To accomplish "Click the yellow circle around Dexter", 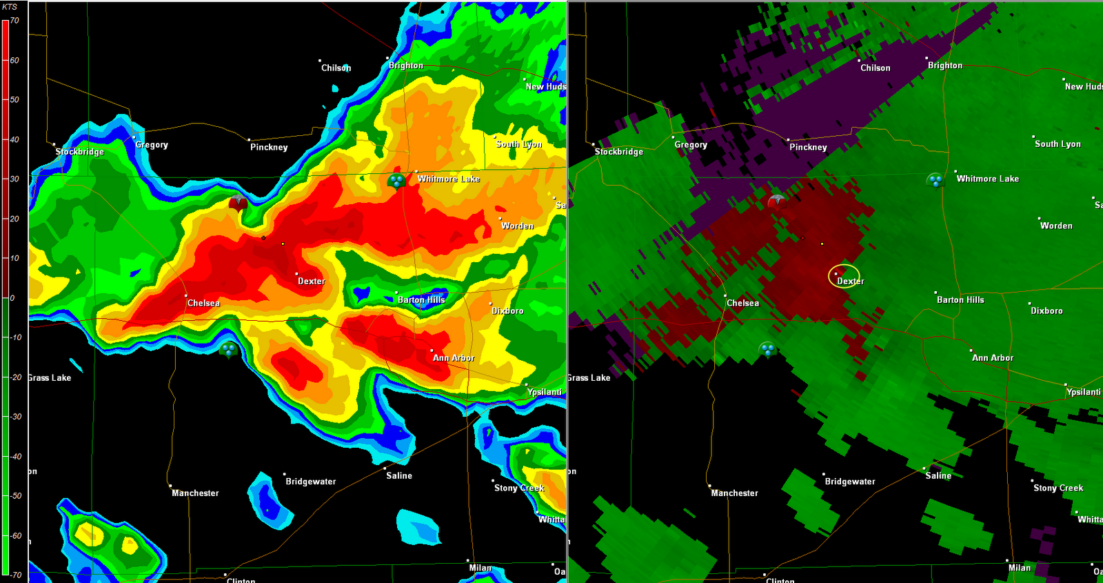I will point(844,276).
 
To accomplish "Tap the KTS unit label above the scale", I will point(10,7).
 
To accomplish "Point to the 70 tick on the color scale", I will point(14,21).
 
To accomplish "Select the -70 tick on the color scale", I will point(15,575).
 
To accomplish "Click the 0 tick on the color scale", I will point(12,298).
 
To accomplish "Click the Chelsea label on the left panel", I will point(203,303).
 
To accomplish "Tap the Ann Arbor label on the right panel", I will point(992,358).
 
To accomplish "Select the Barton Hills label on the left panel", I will point(421,300).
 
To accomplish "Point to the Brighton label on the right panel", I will point(944,66).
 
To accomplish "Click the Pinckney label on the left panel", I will point(269,147).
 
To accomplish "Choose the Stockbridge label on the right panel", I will point(618,152).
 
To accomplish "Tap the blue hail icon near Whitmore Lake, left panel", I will point(396,181).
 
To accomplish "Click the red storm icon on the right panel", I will point(777,201).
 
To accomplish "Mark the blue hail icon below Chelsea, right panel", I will point(767,350).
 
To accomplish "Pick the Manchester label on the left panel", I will point(195,493).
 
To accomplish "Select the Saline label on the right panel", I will point(938,476).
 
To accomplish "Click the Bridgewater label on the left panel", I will point(310,482).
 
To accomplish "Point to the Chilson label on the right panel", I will point(875,68).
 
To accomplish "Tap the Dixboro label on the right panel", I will point(1046,311).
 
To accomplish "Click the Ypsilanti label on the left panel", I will point(544,392).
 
